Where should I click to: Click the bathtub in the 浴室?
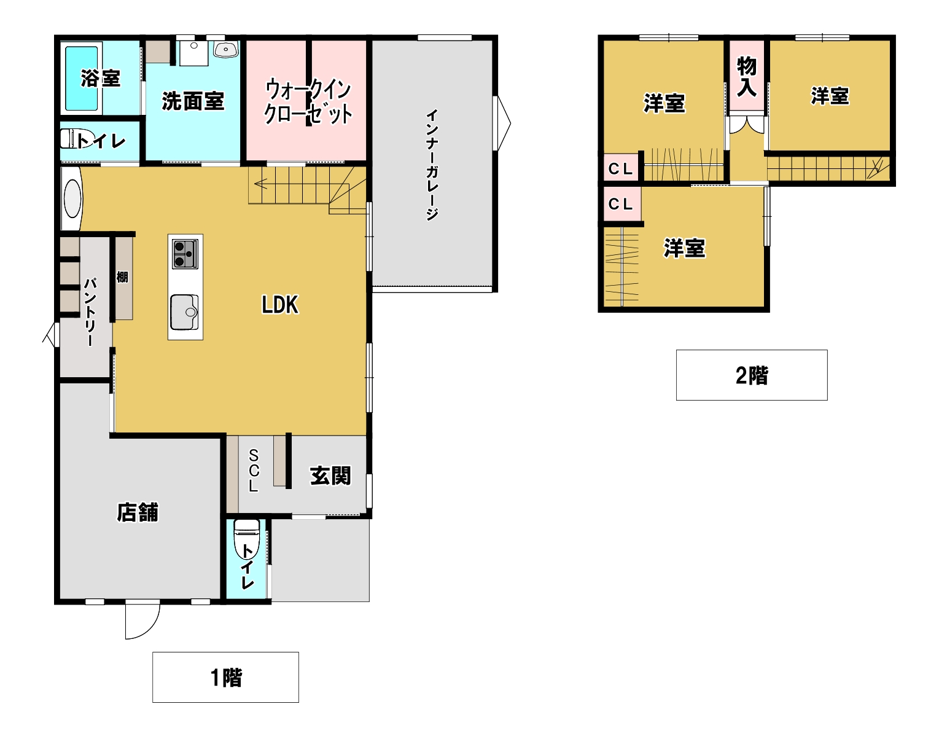pos(81,78)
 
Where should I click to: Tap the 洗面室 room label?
pos(193,101)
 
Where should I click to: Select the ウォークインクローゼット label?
pos(308,102)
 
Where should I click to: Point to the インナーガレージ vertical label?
pos(432,165)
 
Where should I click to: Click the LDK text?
pos(280,305)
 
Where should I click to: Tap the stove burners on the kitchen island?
pos(185,254)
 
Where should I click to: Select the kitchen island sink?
pos(184,312)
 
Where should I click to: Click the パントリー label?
pos(90,311)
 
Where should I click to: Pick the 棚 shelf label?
pos(122,277)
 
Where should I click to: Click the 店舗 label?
pos(138,512)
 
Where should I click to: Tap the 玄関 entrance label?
pos(330,476)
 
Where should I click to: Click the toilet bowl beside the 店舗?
pos(246,539)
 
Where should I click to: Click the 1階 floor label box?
pos(225,677)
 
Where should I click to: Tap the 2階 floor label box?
pos(752,375)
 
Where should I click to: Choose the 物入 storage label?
pos(747,77)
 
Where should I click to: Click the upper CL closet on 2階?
pos(620,168)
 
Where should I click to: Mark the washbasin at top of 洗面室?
pos(225,49)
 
